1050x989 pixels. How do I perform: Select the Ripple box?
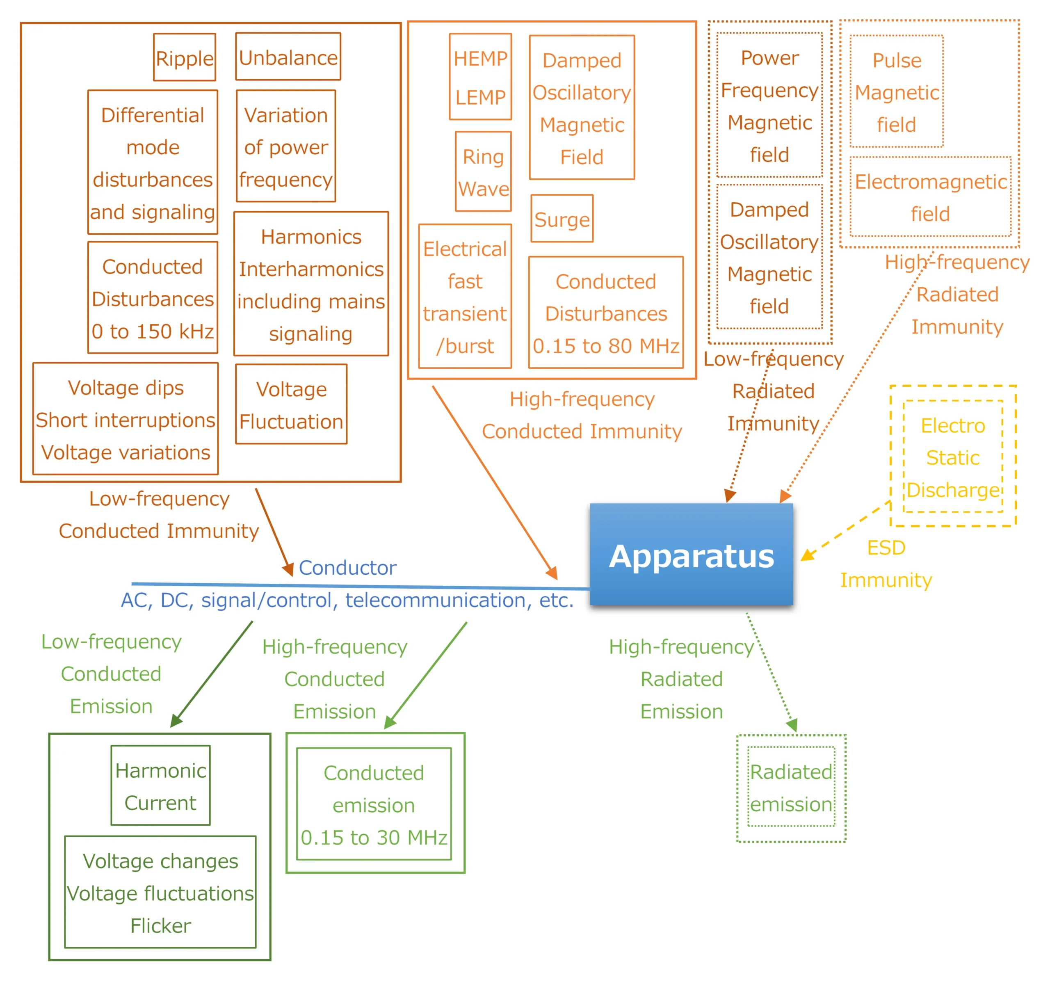click(x=184, y=57)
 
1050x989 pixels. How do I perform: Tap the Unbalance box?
click(x=288, y=57)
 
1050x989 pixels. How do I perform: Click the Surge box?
click(x=562, y=219)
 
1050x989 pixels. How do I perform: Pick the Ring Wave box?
click(x=483, y=172)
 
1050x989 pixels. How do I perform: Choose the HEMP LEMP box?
click(x=480, y=77)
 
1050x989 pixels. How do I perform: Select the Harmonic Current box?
click(x=160, y=786)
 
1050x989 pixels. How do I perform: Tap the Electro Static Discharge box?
click(x=952, y=457)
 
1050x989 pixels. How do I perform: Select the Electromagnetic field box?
click(x=930, y=197)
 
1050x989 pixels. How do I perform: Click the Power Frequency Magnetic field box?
click(x=769, y=106)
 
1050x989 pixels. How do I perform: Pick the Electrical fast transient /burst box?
click(x=465, y=297)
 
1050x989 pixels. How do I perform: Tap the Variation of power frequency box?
click(x=286, y=146)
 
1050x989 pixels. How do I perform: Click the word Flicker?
click(x=160, y=925)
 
